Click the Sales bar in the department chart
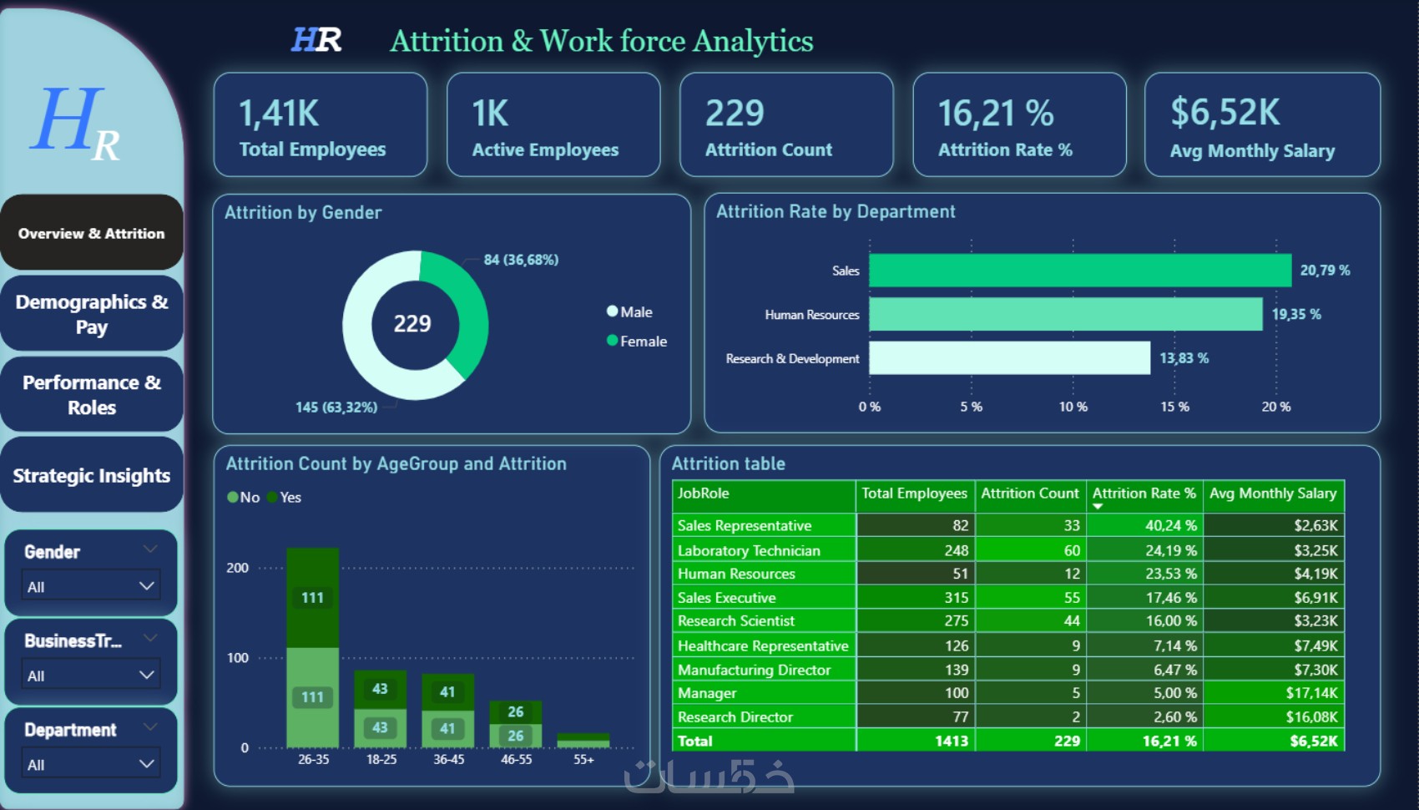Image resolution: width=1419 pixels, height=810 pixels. tap(1080, 270)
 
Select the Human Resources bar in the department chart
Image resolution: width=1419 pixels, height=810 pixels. tap(1066, 314)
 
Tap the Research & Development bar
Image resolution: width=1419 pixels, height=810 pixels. tap(1010, 358)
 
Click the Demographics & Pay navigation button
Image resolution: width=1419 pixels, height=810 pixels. tap(92, 314)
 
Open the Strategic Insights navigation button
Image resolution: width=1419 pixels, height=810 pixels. tap(92, 475)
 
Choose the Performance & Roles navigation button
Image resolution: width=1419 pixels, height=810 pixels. tap(92, 394)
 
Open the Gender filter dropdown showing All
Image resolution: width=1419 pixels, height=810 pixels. tap(91, 586)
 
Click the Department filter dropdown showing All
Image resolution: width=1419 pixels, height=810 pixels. tap(91, 764)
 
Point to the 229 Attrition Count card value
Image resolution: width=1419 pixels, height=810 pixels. tap(735, 114)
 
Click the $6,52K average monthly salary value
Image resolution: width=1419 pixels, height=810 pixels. tap(1225, 112)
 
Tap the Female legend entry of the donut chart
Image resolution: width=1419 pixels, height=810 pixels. tap(637, 341)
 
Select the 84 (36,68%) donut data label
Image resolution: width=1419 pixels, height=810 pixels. tap(521, 260)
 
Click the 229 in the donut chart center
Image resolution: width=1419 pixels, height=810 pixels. tap(412, 324)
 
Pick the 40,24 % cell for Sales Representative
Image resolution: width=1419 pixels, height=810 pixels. tap(1170, 525)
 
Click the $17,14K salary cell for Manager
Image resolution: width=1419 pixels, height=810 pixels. tap(1311, 693)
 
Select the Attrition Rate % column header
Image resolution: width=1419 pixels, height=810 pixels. tap(1144, 494)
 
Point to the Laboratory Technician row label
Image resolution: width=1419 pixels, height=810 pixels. tap(749, 551)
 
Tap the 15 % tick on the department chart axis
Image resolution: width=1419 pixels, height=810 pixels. tap(1174, 407)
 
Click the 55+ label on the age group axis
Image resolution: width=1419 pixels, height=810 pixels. tap(583, 759)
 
